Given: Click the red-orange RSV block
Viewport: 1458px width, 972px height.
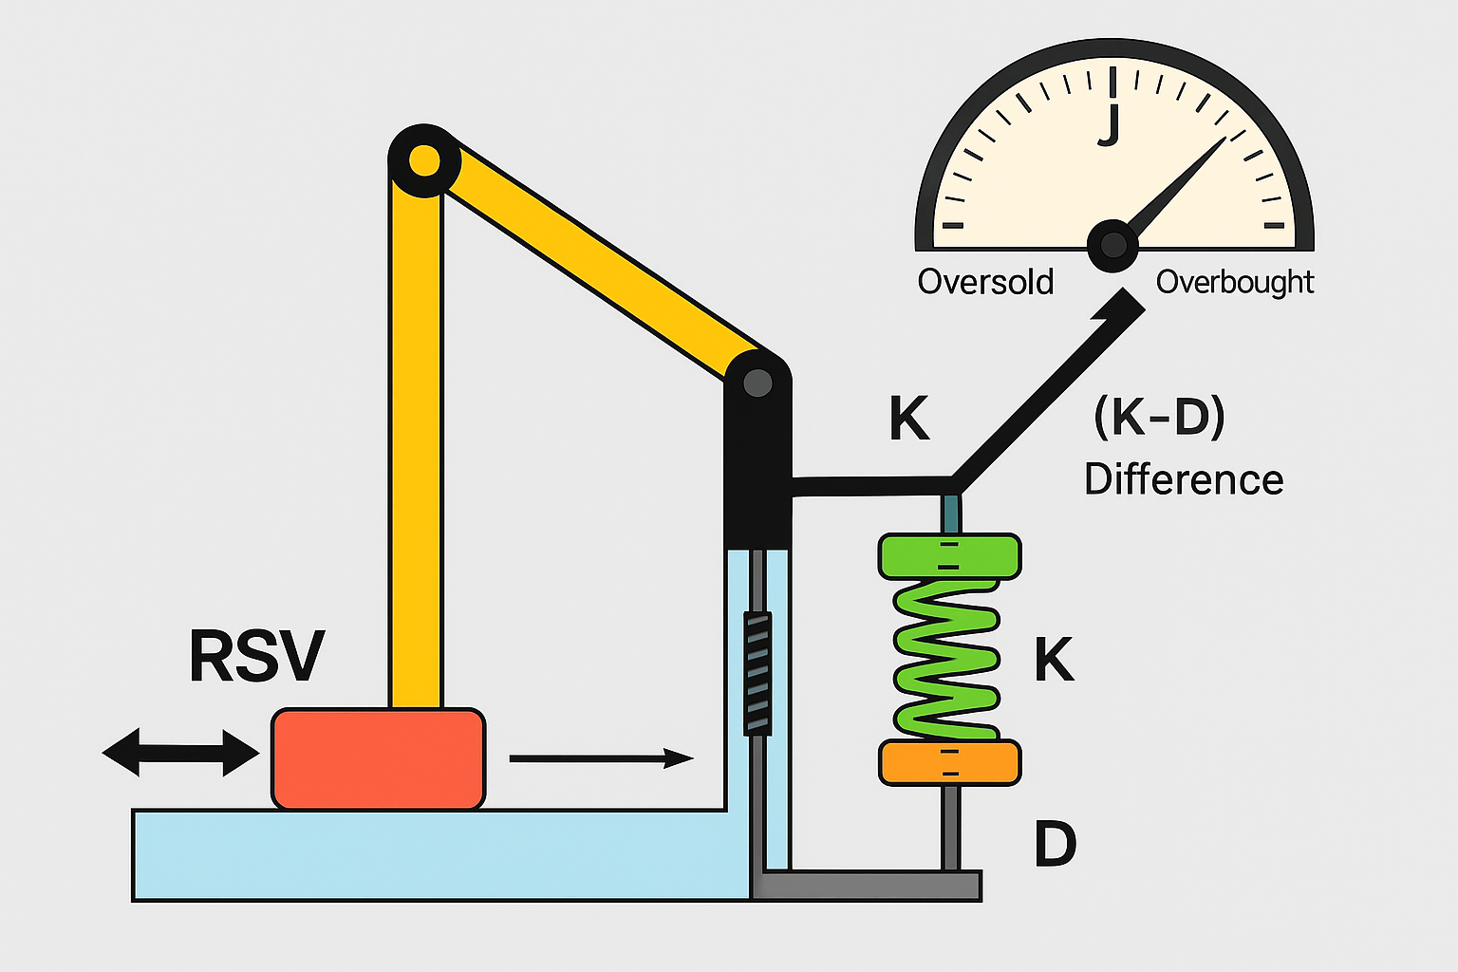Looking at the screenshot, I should click(x=379, y=758).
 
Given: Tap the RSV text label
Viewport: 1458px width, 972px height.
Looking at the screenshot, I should click(x=256, y=656).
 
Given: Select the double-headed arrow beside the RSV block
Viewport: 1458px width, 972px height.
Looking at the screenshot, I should click(x=180, y=753).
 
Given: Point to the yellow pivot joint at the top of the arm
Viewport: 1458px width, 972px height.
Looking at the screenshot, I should click(x=423, y=159).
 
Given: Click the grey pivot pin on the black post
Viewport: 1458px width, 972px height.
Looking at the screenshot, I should click(x=757, y=383).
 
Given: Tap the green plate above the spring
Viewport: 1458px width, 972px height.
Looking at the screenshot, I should click(x=949, y=556).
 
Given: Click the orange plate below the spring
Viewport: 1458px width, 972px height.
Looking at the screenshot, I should click(x=949, y=763).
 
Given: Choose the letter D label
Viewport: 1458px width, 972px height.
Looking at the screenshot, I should click(x=1055, y=844).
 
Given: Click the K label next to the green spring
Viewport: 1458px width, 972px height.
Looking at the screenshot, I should click(x=1054, y=660).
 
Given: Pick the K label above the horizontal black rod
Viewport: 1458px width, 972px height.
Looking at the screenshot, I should click(x=908, y=419).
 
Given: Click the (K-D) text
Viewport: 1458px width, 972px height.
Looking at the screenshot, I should click(x=1159, y=417).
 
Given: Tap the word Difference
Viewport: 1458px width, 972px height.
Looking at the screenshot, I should click(x=1183, y=479).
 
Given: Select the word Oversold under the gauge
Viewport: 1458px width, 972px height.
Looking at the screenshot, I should click(x=985, y=282).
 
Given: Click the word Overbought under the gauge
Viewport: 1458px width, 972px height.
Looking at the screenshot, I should click(x=1234, y=282).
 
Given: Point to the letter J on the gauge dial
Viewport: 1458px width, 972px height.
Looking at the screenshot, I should click(x=1109, y=124).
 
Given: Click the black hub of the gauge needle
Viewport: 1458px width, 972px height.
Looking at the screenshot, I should click(x=1112, y=245).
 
